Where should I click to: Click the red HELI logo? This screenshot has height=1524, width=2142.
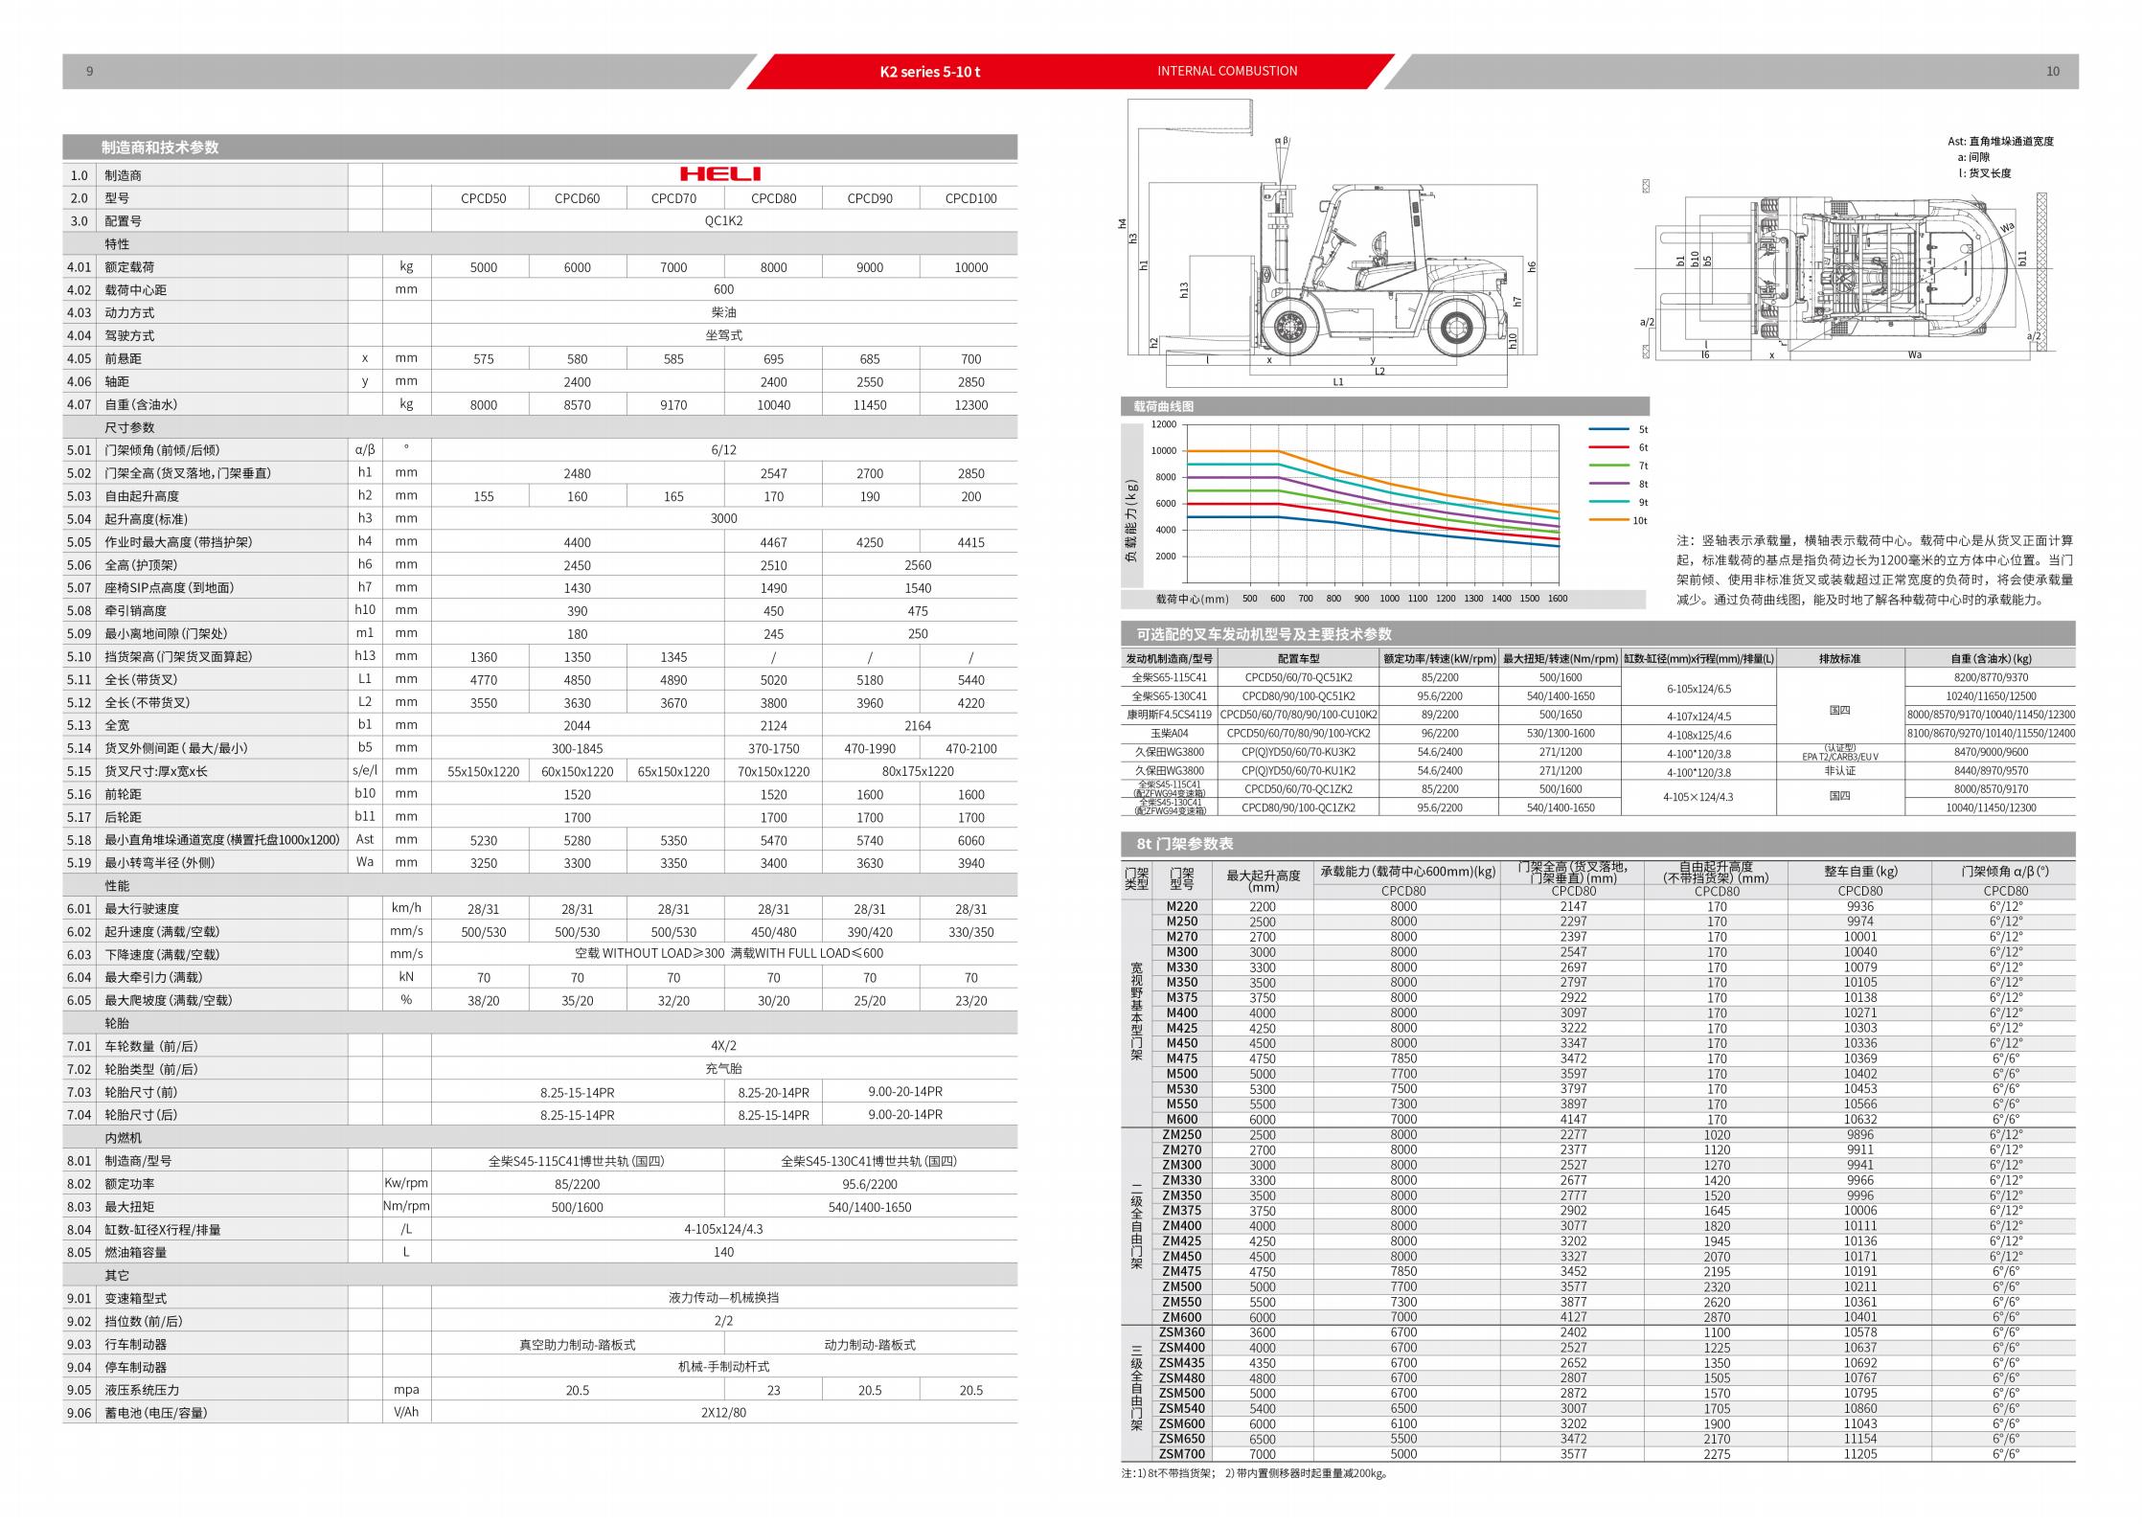(x=720, y=174)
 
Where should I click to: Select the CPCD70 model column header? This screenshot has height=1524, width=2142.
(x=673, y=198)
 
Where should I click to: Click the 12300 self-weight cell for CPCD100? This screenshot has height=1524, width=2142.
(x=970, y=405)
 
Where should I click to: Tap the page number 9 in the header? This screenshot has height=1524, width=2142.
(x=89, y=72)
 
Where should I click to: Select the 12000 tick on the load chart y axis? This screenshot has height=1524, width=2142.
(x=1163, y=424)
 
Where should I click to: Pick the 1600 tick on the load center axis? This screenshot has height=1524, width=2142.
(x=1558, y=599)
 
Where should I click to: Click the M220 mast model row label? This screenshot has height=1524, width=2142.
(x=1181, y=906)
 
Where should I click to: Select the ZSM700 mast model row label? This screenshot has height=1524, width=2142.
(x=1181, y=1454)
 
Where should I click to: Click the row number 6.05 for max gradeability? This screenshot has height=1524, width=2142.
(x=80, y=1000)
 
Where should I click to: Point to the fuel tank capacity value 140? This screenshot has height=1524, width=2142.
(x=723, y=1252)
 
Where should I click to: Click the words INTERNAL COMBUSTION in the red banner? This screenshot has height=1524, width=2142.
(x=1227, y=71)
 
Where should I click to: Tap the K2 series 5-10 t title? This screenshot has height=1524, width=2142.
(x=929, y=72)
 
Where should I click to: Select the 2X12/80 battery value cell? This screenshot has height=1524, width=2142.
(x=723, y=1413)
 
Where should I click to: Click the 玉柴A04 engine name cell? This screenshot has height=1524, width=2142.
(x=1169, y=734)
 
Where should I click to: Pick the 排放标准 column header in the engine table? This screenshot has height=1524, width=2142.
(x=1839, y=659)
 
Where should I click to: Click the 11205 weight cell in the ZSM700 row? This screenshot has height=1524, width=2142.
(x=1860, y=1454)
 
